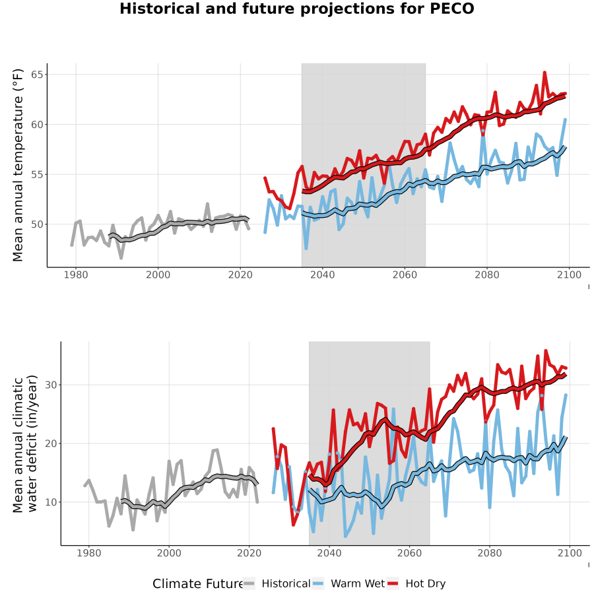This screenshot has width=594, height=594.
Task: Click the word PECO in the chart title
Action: [x=452, y=9]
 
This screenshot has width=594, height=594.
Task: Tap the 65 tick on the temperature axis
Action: [x=37, y=75]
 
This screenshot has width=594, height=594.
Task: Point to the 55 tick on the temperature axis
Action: [x=37, y=175]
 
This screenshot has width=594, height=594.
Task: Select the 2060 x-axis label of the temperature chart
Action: [x=405, y=275]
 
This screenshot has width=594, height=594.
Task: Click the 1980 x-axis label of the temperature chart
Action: [x=76, y=275]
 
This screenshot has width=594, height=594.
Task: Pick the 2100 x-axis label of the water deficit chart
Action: [x=570, y=553]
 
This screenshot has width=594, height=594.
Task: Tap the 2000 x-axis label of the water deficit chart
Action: [x=169, y=553]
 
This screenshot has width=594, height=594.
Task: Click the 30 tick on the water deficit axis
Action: [x=51, y=385]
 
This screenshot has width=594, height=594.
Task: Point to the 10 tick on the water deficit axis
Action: [x=51, y=502]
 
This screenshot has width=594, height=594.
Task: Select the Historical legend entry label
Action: [x=286, y=584]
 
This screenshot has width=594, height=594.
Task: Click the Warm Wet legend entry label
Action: [x=358, y=584]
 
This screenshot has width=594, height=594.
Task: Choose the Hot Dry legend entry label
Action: [x=426, y=584]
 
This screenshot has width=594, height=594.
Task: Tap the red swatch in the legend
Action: [x=393, y=584]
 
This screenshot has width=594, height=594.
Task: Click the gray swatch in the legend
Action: [x=249, y=584]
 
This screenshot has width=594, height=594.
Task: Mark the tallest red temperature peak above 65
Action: [x=544, y=72]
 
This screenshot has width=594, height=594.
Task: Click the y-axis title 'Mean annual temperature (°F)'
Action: [x=18, y=165]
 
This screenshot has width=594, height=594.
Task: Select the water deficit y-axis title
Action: [x=25, y=444]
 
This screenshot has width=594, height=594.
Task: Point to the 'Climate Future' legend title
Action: [x=198, y=584]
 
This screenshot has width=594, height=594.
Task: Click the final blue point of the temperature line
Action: [x=565, y=119]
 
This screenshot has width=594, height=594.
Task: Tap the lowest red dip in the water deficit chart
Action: [x=293, y=525]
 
